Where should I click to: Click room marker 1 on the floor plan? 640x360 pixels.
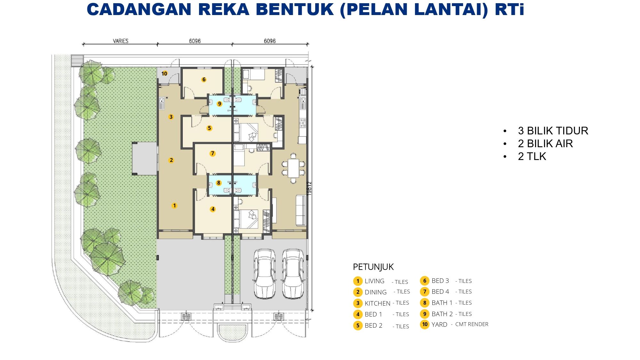174,205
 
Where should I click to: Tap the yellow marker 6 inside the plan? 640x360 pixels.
204,79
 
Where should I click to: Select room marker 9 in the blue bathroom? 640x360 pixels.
220,104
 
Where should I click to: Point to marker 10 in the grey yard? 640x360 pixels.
164,74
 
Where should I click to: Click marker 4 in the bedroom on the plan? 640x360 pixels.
213,209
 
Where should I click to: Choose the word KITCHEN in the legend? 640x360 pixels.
377,303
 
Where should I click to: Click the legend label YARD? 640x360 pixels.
439,324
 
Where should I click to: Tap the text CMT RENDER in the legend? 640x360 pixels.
472,324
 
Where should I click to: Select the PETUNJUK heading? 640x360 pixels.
373,267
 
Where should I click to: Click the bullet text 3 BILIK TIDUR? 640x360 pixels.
553,131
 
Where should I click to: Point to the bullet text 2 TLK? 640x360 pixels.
532,156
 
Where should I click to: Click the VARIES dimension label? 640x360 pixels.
121,41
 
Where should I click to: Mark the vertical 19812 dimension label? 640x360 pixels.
309,188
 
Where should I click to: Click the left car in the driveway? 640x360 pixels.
265,274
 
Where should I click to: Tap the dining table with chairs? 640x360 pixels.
293,168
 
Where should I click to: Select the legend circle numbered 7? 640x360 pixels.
425,292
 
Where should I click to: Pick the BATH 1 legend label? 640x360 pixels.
442,303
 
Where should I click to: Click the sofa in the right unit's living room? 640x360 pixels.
301,210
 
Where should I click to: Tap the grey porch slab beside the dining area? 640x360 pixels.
145,158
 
